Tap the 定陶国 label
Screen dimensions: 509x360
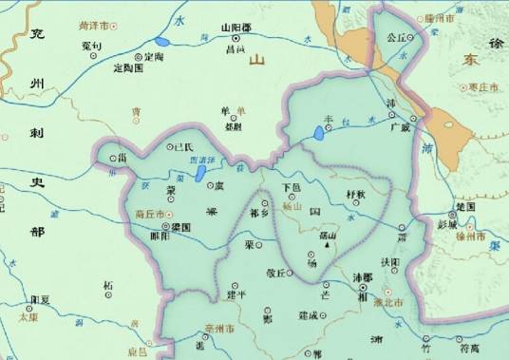[x=127, y=69]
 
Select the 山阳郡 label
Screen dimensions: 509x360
[x=235, y=29]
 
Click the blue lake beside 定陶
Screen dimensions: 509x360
[x=162, y=42]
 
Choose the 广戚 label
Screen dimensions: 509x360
[x=401, y=127]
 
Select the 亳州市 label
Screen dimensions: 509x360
[x=220, y=328]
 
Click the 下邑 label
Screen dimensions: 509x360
[x=292, y=187]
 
